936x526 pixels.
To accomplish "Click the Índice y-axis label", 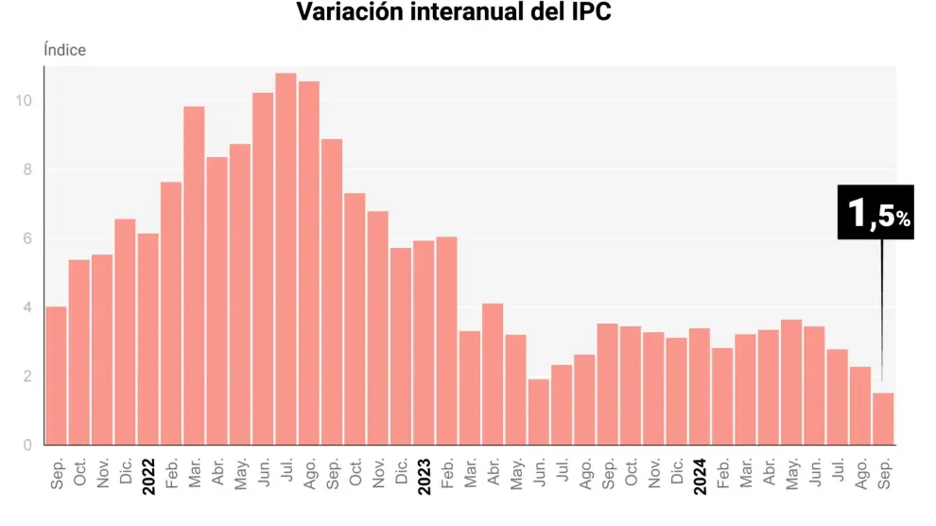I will pos(64,50).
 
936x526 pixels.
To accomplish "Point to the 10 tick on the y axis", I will pos(26,101).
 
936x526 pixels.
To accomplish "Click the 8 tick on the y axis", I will pos(29,170).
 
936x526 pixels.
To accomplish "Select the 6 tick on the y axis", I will pos(29,239).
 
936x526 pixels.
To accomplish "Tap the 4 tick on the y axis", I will pos(29,307).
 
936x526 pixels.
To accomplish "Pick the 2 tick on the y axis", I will pos(29,377).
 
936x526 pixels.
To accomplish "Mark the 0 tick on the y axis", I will pos(29,446).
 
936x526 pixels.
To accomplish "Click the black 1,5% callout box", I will pos(875,212).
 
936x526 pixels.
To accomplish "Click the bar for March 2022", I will pos(194,275).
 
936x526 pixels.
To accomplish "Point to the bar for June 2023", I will pos(539,412).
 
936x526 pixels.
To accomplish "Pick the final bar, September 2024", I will pos(882,419).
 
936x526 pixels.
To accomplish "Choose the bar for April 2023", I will pos(493,375).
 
